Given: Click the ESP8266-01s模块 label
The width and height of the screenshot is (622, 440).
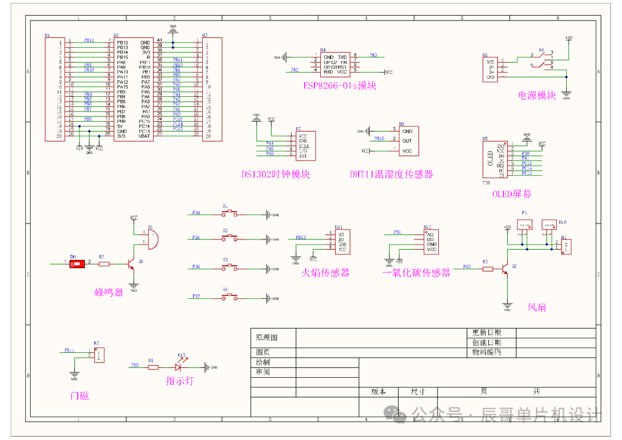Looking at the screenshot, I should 340,85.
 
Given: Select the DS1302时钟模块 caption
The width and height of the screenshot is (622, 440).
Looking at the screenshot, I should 276,174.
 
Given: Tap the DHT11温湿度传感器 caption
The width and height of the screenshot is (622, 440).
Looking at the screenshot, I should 391,174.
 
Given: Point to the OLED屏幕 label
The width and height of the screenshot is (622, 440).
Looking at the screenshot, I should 511,194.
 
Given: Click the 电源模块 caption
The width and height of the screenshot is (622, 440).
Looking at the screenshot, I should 537,95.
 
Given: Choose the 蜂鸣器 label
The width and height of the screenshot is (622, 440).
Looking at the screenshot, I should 109,292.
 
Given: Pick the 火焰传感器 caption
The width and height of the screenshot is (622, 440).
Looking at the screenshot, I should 325,272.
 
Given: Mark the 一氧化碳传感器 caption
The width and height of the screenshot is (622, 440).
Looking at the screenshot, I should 416,273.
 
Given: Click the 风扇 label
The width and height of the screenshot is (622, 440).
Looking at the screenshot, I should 537,307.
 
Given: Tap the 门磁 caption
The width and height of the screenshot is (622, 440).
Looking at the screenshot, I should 79,396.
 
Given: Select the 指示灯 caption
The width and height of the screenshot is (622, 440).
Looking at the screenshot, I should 180,381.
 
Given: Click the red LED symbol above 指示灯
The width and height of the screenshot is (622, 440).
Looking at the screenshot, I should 180,367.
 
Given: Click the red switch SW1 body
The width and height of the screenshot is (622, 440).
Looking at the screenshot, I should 75,264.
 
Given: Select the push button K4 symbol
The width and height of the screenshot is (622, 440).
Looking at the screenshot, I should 229,297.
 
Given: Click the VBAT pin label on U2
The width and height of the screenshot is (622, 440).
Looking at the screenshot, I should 144,136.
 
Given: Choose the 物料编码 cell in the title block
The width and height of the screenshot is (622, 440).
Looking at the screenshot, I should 487,352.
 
